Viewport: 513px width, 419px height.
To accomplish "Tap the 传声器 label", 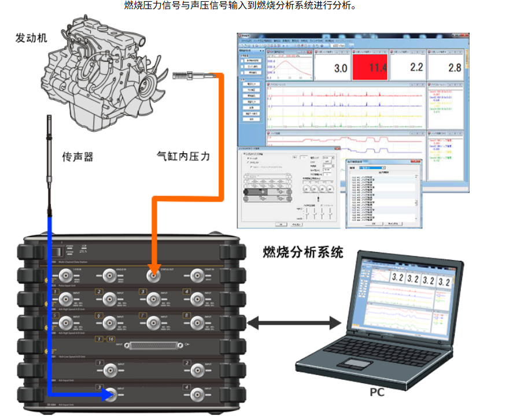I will tap(77, 157).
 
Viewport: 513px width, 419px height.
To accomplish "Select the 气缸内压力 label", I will tap(183, 156).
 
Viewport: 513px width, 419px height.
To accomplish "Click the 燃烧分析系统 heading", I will tap(302, 252).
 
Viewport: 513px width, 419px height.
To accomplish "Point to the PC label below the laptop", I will tap(377, 393).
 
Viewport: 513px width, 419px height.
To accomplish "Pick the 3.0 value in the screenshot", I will tap(340, 68).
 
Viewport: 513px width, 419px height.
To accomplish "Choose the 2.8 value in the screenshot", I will tap(455, 67).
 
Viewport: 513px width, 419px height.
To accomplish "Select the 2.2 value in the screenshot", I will tap(416, 67).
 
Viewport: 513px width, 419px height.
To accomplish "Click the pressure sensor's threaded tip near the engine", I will tap(182, 75).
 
